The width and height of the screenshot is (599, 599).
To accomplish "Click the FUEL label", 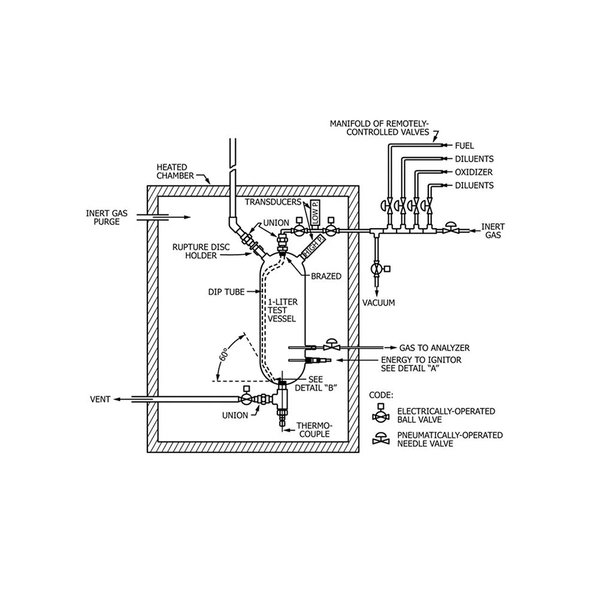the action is pos(464,146).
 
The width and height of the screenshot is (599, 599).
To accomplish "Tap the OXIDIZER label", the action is pos(474,172).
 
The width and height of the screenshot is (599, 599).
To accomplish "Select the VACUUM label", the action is pos(379,303).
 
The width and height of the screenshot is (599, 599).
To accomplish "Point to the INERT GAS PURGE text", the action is pos(107,217).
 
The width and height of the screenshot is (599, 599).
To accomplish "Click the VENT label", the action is pos(100,399).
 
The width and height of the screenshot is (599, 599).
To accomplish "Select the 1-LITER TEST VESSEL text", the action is pos(282,310).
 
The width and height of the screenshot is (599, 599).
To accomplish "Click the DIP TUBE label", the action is pos(226,292).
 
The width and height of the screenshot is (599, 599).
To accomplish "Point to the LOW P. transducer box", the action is pos(316,213).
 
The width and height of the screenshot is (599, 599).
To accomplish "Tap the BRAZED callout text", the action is pos(326,276).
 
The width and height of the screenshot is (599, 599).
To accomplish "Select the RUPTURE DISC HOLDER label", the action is pos(201,252).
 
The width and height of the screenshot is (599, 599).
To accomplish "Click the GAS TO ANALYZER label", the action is pos(434,348).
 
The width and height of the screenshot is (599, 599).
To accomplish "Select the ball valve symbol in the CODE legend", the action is pos(380,413).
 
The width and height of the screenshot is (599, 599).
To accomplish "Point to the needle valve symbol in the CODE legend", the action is pos(381,439).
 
